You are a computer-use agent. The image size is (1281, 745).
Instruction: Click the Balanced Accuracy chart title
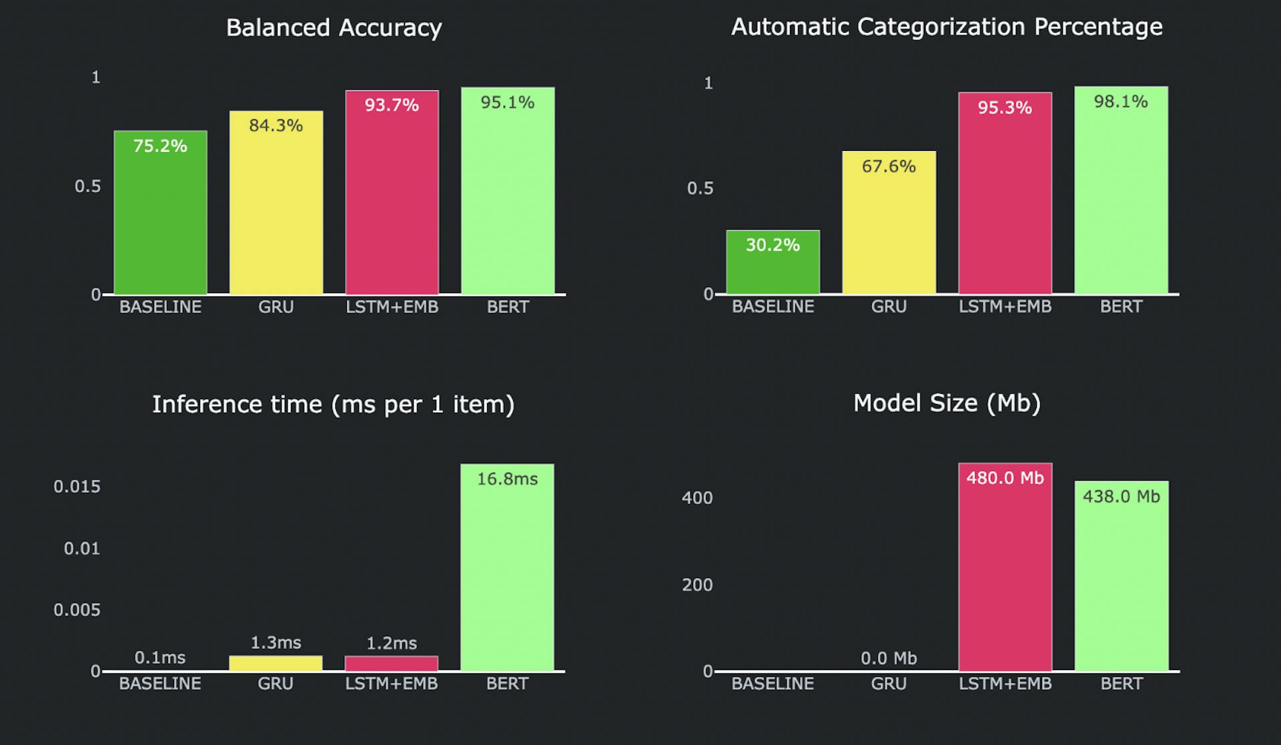(334, 28)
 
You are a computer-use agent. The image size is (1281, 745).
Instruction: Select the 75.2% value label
(160, 146)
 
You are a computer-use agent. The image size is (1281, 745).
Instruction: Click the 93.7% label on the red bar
(392, 105)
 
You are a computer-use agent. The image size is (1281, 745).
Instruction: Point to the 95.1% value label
(508, 103)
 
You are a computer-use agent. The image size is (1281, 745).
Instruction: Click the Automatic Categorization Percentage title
(947, 27)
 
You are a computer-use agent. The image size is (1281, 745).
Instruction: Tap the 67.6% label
(889, 166)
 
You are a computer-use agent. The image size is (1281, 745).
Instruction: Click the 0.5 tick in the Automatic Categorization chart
(700, 189)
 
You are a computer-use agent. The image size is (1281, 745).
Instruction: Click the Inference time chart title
(333, 405)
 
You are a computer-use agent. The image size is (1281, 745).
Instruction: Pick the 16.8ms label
(507, 479)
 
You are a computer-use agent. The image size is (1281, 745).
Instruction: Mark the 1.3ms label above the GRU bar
(276, 643)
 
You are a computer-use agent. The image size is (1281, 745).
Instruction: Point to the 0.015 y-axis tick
(77, 487)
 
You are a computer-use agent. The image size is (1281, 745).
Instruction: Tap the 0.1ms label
(160, 658)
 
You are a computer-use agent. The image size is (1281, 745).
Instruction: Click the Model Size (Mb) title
(947, 403)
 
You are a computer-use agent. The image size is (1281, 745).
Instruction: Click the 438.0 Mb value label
(1121, 497)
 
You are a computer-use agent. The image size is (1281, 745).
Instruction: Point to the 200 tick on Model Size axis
(697, 585)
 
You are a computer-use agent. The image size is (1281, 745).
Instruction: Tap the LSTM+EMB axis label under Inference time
(392, 684)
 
